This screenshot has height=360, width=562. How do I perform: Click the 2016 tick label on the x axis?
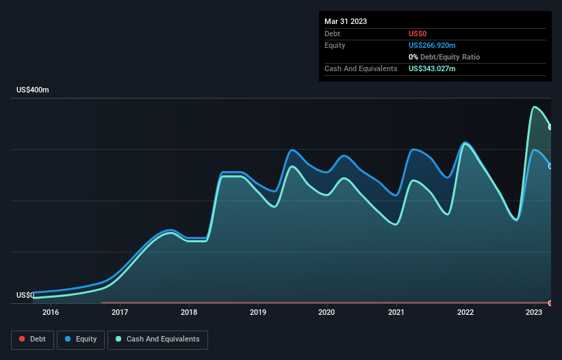(x=50, y=313)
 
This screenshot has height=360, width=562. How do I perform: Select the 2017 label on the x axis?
(x=120, y=313)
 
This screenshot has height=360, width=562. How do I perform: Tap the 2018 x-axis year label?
(x=189, y=313)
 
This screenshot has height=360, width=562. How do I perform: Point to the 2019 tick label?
(x=258, y=313)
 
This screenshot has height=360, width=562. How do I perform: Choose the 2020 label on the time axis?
(x=327, y=313)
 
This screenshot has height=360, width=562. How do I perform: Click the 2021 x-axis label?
(x=396, y=313)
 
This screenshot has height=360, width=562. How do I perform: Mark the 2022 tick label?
(x=465, y=313)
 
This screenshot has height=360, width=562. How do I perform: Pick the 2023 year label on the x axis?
(x=535, y=313)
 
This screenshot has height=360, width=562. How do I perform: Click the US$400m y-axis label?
(x=33, y=90)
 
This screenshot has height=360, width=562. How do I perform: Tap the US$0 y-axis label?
(x=25, y=295)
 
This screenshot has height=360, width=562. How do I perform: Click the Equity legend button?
(x=81, y=339)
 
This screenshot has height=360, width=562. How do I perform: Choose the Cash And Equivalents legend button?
(x=157, y=339)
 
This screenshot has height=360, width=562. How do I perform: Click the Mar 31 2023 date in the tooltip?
(x=346, y=21)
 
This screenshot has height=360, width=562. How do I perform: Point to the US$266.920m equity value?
(x=432, y=45)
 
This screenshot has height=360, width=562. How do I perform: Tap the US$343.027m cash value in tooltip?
(x=432, y=68)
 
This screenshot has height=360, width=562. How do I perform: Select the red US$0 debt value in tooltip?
(x=418, y=34)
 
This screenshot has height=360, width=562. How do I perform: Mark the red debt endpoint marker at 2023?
(x=550, y=303)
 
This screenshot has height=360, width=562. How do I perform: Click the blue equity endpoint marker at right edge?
(x=550, y=166)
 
